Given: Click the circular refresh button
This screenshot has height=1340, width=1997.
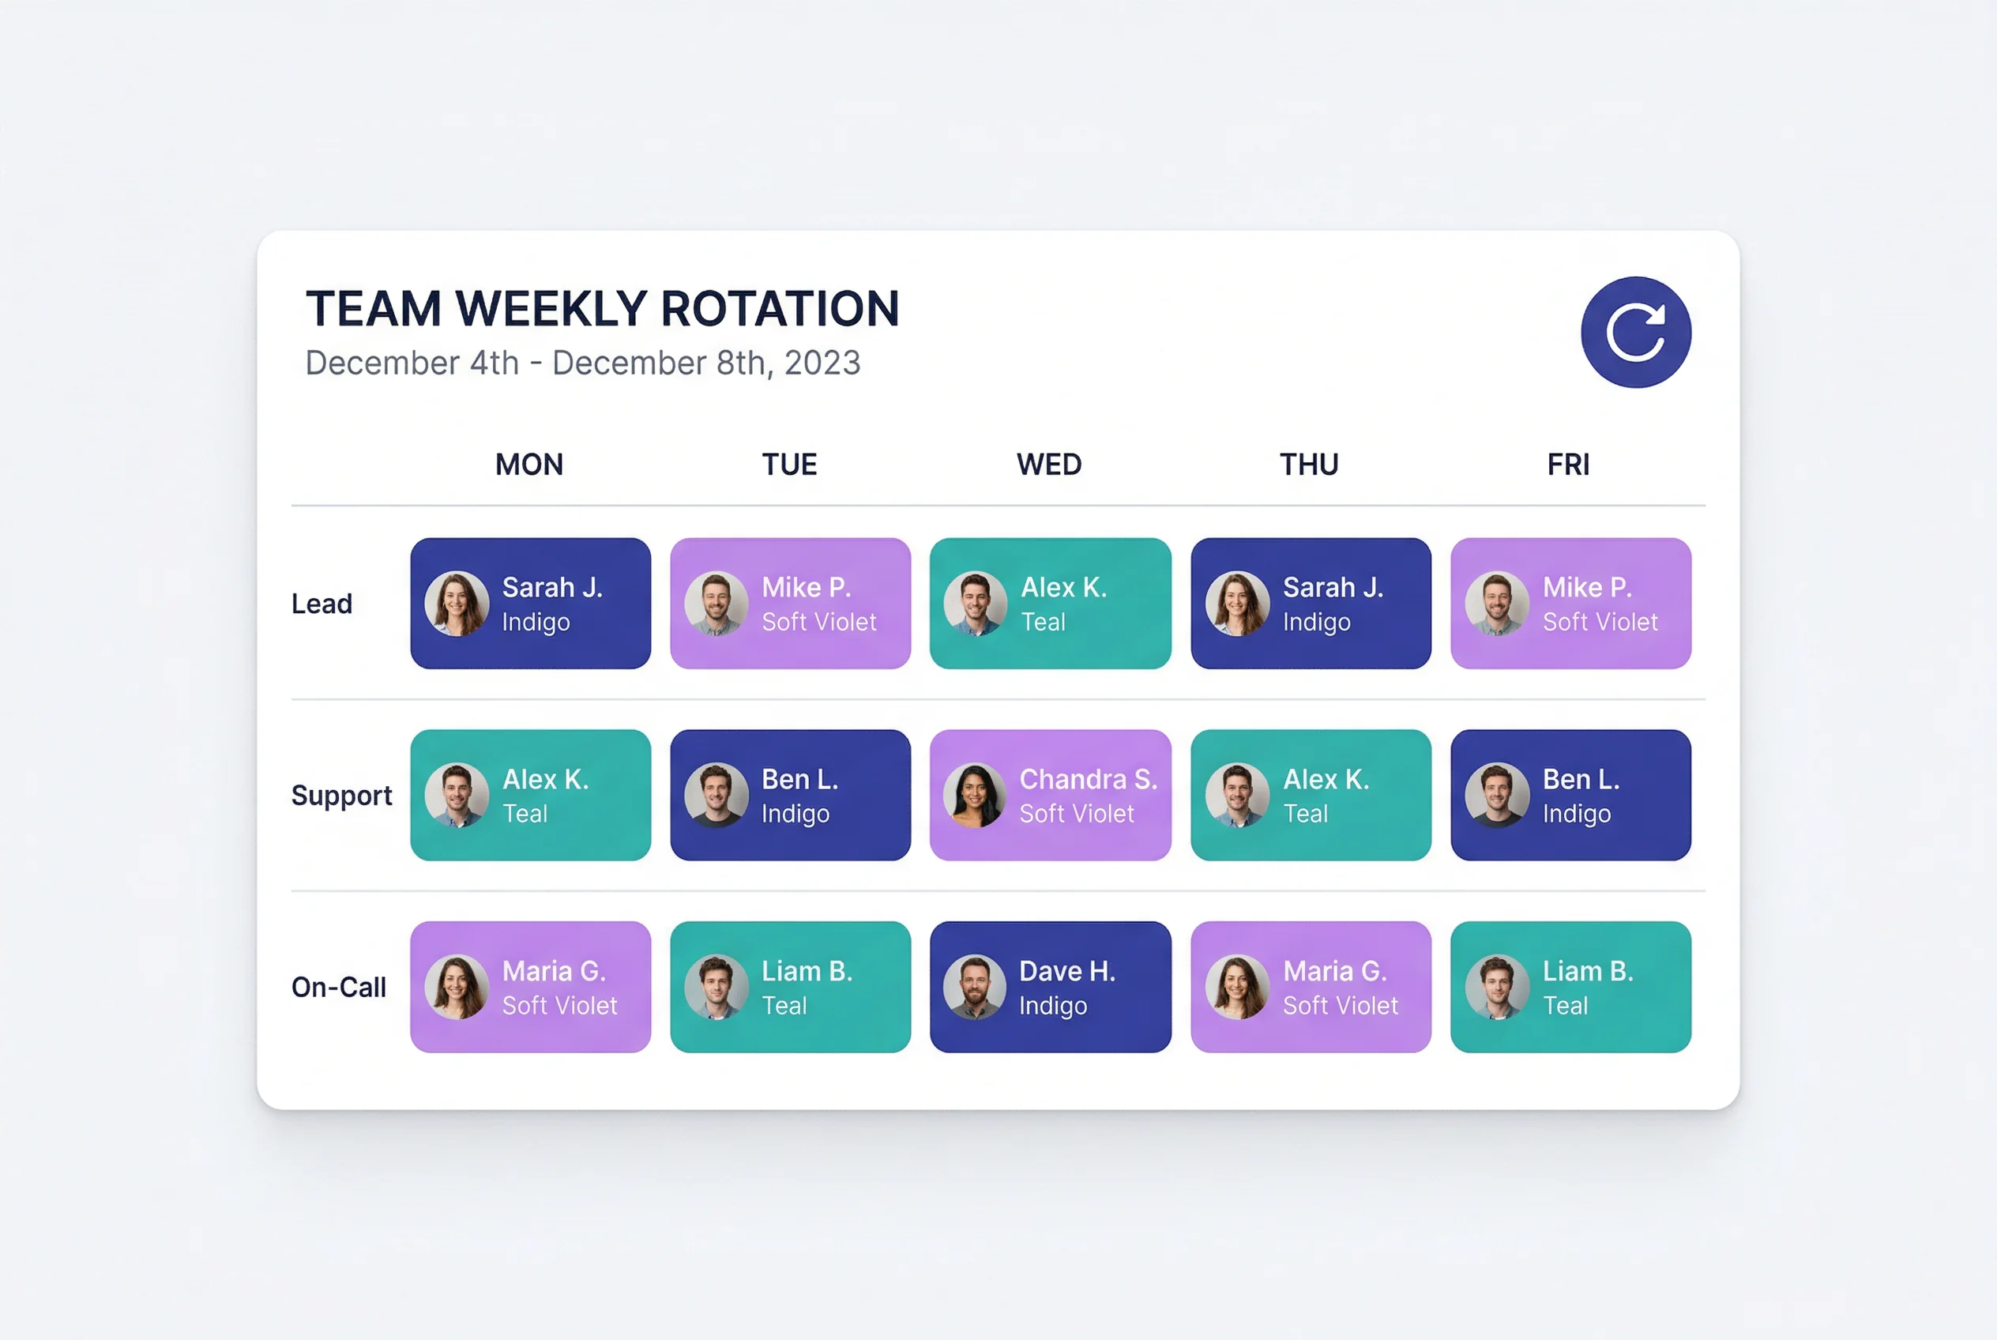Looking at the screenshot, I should (x=1634, y=332).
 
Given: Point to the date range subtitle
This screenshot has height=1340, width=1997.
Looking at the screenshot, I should (x=583, y=363).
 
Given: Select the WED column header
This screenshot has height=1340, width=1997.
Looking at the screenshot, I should (x=1048, y=465).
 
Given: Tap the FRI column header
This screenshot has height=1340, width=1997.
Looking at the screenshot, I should (x=1568, y=465).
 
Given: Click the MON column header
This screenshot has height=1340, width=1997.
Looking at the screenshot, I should (x=529, y=465).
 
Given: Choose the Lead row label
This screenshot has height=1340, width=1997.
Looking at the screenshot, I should (x=322, y=604).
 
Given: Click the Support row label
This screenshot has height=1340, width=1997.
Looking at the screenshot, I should (x=341, y=796).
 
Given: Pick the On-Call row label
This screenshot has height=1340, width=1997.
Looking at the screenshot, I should (x=338, y=987).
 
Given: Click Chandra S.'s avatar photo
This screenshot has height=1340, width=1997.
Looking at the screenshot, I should (x=975, y=795).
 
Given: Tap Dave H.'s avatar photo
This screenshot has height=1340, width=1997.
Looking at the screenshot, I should (x=975, y=987).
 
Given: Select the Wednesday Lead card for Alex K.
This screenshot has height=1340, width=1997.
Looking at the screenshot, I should (x=1050, y=604).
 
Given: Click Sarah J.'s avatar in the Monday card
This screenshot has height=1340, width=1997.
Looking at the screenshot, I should (x=457, y=604).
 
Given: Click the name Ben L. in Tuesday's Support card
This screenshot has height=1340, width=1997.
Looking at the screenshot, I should (x=799, y=779).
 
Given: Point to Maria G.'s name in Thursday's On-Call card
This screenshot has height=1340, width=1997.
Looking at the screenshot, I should (x=1335, y=972).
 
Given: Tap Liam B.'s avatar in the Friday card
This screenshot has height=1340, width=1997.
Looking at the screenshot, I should (x=1497, y=987).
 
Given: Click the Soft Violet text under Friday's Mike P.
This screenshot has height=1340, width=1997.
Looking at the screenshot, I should (x=1600, y=622).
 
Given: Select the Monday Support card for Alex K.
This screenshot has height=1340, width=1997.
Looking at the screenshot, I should (x=531, y=795).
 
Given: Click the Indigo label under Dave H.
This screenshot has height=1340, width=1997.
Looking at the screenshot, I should (x=1053, y=1006).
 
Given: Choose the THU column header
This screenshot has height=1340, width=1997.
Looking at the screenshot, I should (x=1308, y=465).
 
